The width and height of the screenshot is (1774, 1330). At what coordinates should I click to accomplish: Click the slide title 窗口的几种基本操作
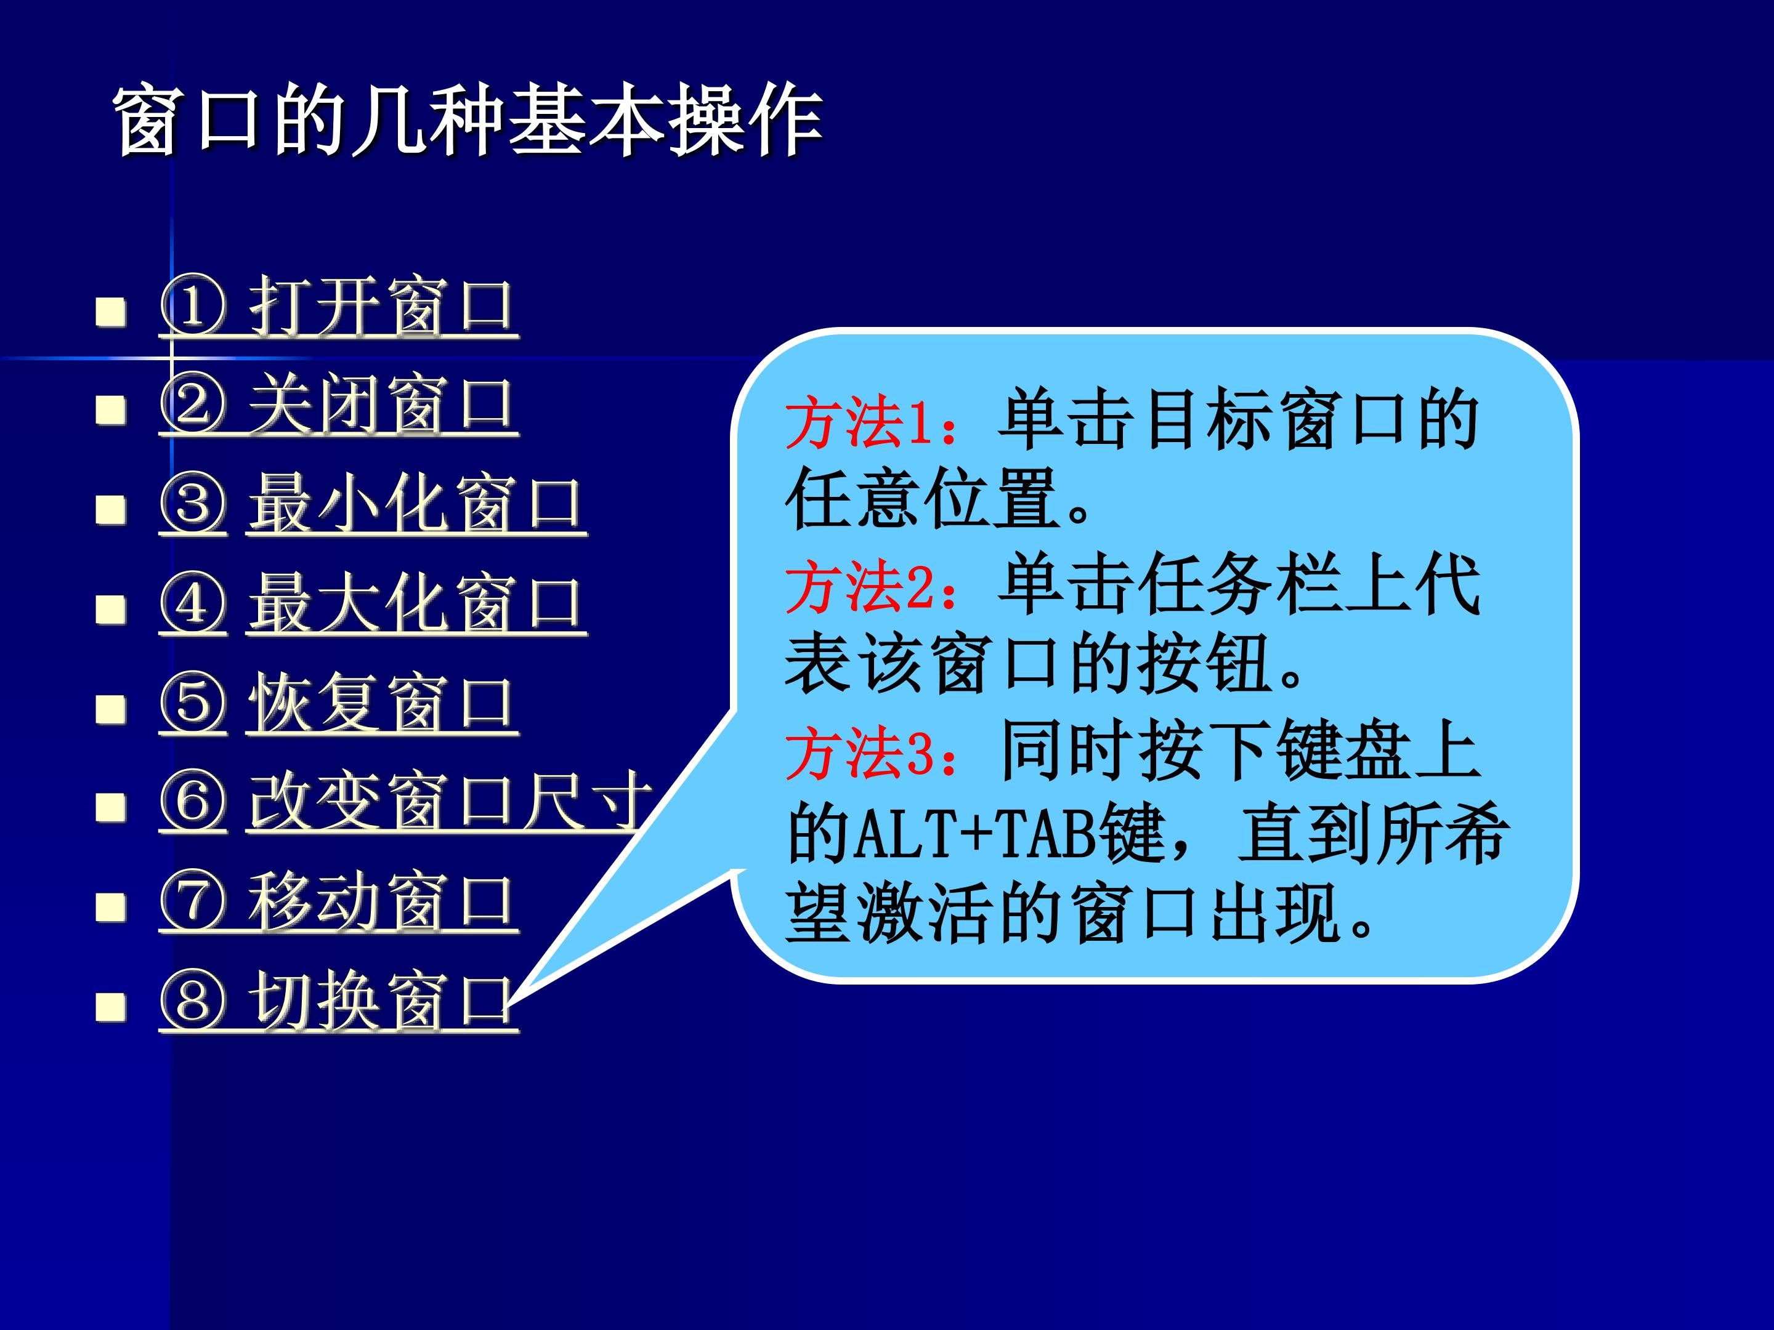coord(468,120)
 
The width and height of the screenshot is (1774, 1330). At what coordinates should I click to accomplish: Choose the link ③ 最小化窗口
coord(373,504)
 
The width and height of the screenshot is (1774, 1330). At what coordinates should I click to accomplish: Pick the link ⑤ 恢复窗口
coord(338,703)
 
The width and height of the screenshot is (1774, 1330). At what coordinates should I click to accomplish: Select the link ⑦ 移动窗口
coord(338,902)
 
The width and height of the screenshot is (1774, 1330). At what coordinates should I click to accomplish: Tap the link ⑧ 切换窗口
coord(338,1001)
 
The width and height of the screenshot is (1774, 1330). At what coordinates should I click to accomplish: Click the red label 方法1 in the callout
coord(860,422)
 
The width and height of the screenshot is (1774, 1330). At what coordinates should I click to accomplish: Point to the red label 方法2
coord(860,587)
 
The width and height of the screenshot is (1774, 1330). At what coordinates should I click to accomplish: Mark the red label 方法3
coord(860,753)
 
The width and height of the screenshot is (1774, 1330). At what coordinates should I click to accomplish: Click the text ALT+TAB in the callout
coord(976,834)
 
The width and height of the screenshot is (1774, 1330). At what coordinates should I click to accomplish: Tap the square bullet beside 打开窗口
coord(111,311)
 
